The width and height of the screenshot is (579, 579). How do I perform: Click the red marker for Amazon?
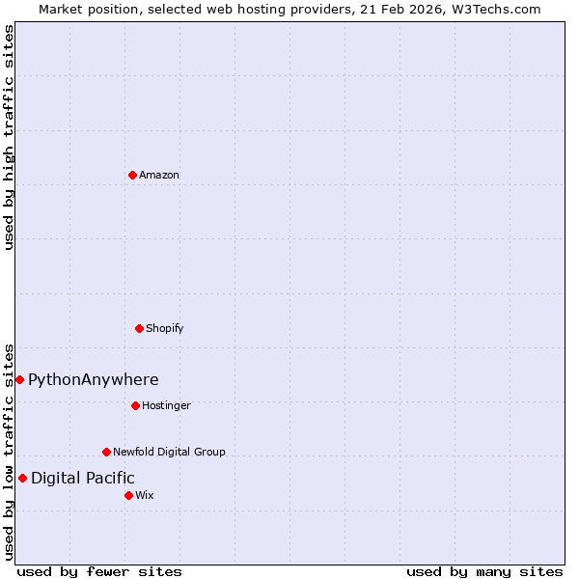point(132,175)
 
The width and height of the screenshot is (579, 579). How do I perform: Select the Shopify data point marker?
point(139,328)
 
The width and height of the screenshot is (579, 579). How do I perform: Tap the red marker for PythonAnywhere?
point(19,379)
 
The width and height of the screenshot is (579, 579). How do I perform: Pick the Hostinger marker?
point(135,405)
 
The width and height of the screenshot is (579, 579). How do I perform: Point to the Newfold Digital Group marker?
point(106,452)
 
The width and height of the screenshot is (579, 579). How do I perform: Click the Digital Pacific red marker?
point(22,478)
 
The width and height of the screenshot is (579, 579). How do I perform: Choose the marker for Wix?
point(128,495)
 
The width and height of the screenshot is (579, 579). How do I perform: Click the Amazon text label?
point(159,175)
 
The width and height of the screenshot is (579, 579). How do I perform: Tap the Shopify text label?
point(165,328)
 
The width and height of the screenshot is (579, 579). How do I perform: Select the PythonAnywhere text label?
point(94,379)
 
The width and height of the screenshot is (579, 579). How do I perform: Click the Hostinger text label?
point(167,405)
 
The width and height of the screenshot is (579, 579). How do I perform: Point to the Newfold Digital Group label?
point(170,452)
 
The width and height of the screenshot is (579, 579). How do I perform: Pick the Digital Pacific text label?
point(83,478)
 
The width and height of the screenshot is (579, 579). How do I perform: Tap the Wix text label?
point(145,495)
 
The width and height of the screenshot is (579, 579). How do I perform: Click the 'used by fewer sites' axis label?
point(99,571)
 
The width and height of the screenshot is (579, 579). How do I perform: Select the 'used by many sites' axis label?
point(484,571)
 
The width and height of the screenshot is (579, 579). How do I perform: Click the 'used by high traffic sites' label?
point(9,137)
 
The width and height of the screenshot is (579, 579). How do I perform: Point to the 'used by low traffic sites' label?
point(9,452)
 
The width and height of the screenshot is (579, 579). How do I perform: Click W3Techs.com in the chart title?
point(495,9)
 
